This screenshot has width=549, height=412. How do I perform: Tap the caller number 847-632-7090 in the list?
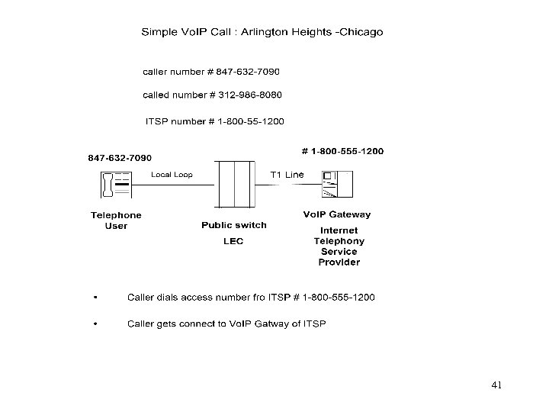click(211, 72)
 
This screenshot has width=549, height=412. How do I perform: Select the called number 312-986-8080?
click(212, 95)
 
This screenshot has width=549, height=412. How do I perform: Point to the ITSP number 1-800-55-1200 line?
click(210, 121)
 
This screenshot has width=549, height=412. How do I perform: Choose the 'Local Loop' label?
click(172, 175)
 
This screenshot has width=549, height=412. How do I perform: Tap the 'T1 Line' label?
click(287, 175)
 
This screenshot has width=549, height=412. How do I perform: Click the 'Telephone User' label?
click(116, 220)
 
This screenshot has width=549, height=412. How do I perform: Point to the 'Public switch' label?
click(234, 225)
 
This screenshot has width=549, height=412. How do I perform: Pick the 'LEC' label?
click(233, 242)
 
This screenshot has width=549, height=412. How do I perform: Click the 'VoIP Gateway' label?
click(337, 215)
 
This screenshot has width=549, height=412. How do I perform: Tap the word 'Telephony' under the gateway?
click(339, 241)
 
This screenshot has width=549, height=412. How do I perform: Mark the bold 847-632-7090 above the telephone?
click(120, 158)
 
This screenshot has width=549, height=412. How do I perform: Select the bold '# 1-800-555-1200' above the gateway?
click(343, 151)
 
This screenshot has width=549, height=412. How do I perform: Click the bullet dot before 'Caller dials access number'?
click(95, 297)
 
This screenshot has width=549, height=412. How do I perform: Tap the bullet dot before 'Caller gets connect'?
click(95, 323)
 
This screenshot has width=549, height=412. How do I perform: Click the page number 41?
click(496, 385)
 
